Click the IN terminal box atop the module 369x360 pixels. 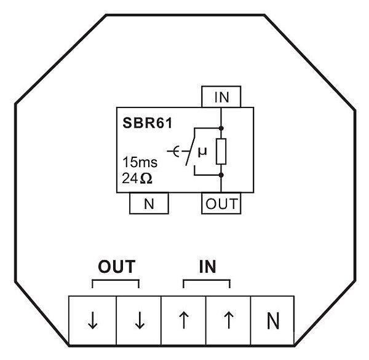[x=221, y=97]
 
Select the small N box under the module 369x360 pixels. [x=148, y=204]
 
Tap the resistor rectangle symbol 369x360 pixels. [x=221, y=152]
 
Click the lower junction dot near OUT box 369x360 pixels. [x=221, y=174]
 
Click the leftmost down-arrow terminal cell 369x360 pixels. [x=92, y=319]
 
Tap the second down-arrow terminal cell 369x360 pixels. [x=139, y=319]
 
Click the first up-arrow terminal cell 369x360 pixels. [x=183, y=319]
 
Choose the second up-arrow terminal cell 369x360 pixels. [x=229, y=319]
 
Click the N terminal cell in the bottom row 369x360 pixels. [x=274, y=319]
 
